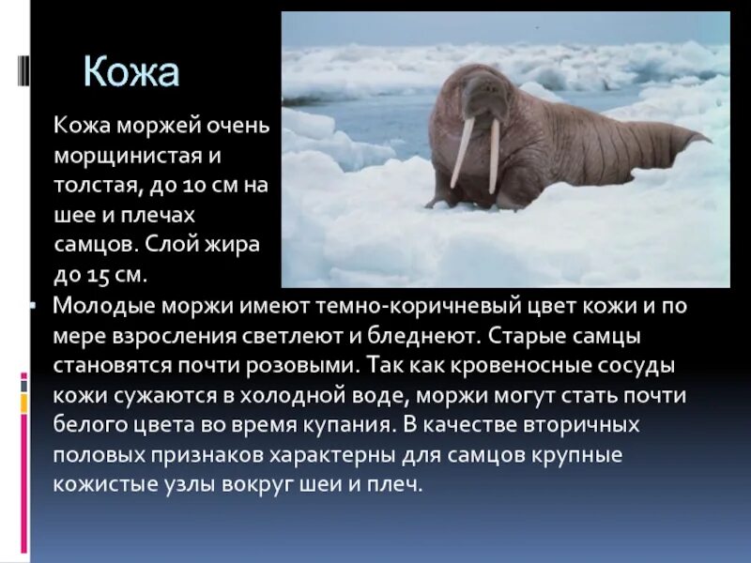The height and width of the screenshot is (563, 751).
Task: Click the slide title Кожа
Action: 131,72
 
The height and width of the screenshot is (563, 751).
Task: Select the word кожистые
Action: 100,485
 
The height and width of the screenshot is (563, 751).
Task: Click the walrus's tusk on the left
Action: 462,152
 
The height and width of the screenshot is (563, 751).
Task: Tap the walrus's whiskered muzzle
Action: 479,105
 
